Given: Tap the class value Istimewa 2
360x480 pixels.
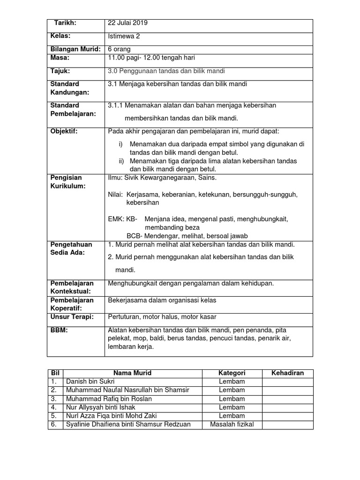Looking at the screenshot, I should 123,37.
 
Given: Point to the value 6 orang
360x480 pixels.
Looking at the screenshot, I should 120,49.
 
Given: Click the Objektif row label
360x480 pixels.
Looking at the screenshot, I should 64,131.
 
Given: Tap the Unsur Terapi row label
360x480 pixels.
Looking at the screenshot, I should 72,317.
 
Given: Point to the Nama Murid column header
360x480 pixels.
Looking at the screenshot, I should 132,373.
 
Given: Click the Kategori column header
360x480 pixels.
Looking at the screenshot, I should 232,373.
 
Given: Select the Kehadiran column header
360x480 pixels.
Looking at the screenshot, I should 287,373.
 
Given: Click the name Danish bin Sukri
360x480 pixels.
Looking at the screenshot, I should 87,382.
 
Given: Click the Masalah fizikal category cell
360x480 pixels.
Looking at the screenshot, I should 232,425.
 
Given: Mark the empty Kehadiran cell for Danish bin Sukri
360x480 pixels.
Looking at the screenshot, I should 287,382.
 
